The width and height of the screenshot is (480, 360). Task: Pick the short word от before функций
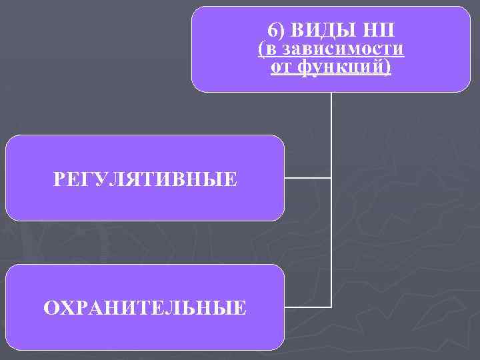point(280,67)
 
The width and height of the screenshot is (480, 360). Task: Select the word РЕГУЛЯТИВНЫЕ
point(145,179)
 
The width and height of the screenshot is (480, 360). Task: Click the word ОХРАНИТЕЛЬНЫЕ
point(145,307)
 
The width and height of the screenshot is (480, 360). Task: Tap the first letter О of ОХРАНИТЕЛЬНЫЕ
point(49,307)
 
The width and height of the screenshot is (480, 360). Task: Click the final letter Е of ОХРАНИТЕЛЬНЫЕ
point(241,307)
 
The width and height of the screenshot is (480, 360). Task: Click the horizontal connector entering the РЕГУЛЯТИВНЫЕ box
point(307,178)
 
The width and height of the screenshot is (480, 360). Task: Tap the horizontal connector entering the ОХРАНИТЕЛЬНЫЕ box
point(307,307)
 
